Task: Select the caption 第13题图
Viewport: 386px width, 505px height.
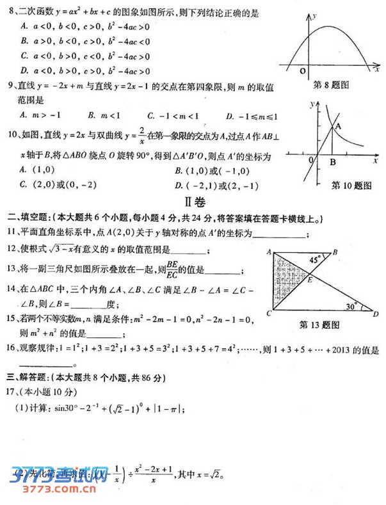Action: (x=319, y=325)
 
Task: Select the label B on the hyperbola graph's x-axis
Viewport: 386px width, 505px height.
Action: (x=332, y=163)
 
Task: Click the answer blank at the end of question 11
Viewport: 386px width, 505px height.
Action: (x=279, y=236)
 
